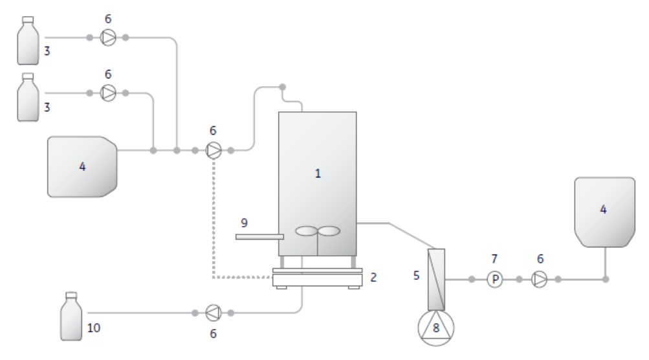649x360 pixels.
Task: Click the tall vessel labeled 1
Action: click(x=317, y=175)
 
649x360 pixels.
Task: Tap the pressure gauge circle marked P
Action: click(x=495, y=280)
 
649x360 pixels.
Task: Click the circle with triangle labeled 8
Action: click(x=436, y=328)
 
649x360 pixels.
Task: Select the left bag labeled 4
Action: click(x=82, y=166)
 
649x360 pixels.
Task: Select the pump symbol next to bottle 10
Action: click(x=213, y=313)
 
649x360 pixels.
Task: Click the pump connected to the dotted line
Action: click(x=213, y=151)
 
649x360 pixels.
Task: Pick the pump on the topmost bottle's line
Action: click(x=107, y=38)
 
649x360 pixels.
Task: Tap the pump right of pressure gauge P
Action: click(x=539, y=280)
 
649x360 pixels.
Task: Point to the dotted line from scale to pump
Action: click(x=214, y=220)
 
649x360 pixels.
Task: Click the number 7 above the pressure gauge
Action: click(x=495, y=259)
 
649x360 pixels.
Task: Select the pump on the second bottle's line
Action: click(x=107, y=93)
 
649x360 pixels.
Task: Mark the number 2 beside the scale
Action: click(x=373, y=277)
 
